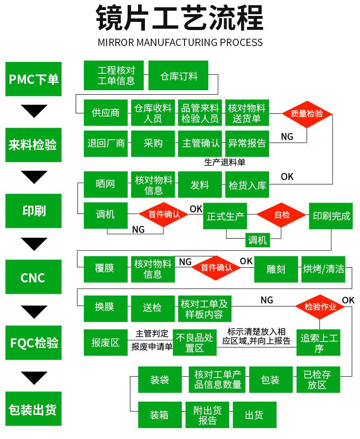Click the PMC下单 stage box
click(x=34, y=79)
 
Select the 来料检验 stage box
click(x=34, y=145)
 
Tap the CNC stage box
click(x=34, y=276)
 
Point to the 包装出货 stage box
click(x=34, y=408)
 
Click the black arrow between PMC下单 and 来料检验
click(x=34, y=111)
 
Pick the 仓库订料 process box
click(x=178, y=75)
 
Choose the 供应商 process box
click(x=106, y=112)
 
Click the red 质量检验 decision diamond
click(x=307, y=114)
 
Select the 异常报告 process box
click(x=247, y=143)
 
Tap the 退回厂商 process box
click(x=106, y=143)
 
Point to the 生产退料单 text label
click(x=225, y=162)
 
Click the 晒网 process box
click(x=106, y=184)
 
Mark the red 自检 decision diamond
click(x=281, y=215)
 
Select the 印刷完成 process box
click(x=331, y=216)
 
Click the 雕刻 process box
click(x=276, y=269)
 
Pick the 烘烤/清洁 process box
click(x=323, y=269)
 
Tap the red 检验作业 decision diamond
click(x=320, y=307)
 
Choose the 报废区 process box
click(x=106, y=342)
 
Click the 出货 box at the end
click(x=254, y=415)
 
